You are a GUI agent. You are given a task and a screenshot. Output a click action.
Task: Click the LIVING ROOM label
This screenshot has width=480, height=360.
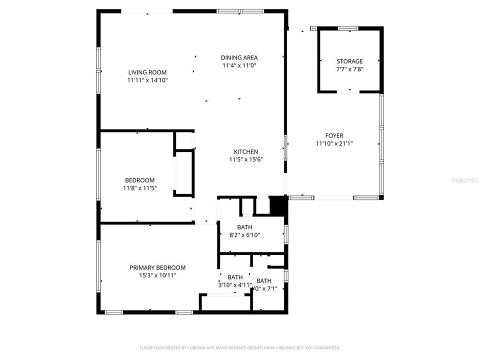(147, 72)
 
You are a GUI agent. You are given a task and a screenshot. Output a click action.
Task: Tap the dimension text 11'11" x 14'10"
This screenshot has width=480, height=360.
(147, 80)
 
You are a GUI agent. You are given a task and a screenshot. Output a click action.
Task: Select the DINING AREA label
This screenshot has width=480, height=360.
(239, 57)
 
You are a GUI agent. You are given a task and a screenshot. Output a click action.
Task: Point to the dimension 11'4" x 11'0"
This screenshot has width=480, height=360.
(239, 65)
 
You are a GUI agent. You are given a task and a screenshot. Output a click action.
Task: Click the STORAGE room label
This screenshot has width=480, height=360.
(349, 61)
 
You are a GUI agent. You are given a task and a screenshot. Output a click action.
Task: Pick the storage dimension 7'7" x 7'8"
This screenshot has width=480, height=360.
(349, 69)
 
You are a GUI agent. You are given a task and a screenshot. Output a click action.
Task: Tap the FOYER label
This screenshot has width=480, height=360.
(334, 135)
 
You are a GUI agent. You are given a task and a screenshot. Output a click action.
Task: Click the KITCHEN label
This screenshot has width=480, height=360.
(246, 152)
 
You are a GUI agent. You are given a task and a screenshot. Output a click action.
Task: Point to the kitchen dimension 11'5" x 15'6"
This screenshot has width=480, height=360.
(246, 159)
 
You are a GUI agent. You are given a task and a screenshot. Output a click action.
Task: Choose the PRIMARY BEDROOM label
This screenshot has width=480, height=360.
(157, 267)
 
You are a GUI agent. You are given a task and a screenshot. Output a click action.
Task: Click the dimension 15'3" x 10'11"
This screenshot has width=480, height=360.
(157, 275)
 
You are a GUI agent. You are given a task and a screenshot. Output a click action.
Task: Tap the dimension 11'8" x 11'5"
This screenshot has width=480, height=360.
(139, 188)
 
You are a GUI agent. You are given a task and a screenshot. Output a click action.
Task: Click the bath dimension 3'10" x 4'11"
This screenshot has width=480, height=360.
(235, 285)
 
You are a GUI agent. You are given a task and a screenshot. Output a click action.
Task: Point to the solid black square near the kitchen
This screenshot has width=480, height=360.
(276, 205)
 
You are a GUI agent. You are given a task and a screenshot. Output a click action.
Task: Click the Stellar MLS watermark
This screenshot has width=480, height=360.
(464, 178)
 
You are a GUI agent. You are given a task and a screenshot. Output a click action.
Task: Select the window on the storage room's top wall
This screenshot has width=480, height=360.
(348, 28)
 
